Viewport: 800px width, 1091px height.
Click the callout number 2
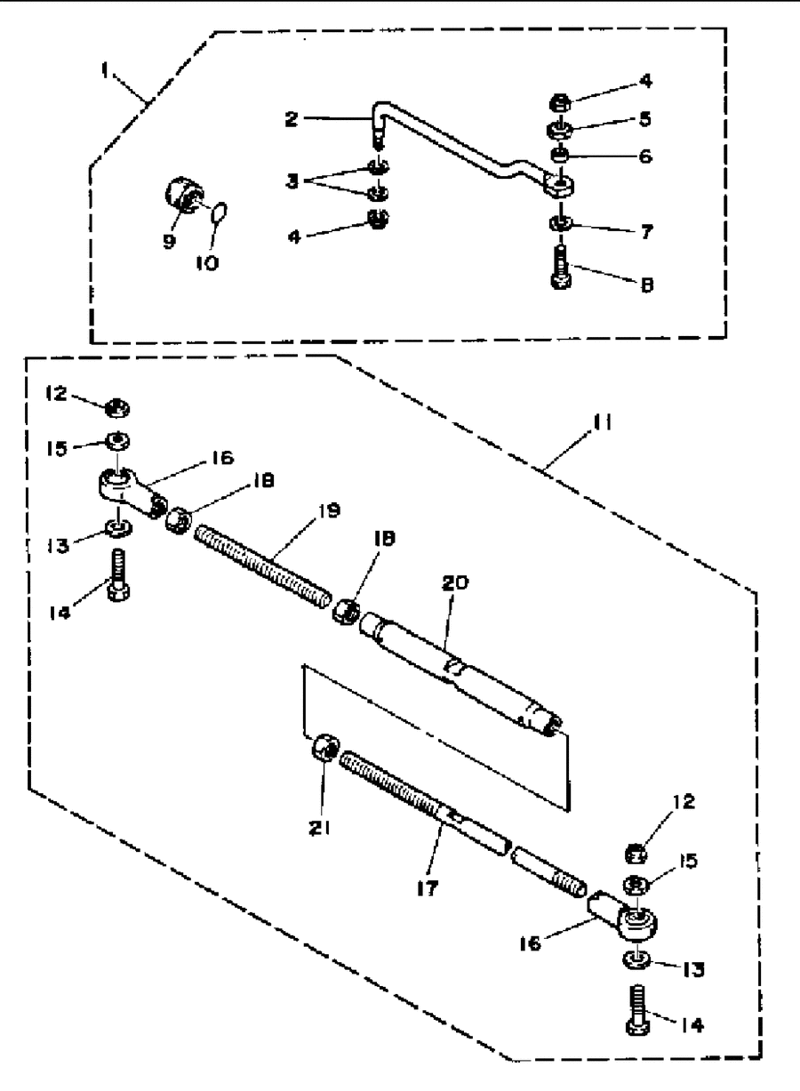click(292, 119)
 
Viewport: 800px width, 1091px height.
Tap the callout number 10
click(207, 263)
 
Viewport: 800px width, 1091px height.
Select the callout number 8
click(646, 285)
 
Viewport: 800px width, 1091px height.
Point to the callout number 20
click(455, 582)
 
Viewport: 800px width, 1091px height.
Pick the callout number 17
click(428, 888)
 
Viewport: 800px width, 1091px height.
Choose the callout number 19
click(330, 510)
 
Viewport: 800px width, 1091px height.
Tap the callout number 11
click(602, 422)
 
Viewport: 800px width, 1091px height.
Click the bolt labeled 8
click(562, 267)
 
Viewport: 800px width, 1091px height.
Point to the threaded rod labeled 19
click(263, 566)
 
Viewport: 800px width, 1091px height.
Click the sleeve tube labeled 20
click(461, 675)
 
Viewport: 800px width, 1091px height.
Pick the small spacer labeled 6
click(561, 156)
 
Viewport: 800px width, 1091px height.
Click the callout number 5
click(645, 119)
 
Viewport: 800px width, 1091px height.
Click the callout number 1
click(104, 70)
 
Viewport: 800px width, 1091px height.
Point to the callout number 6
click(645, 156)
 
